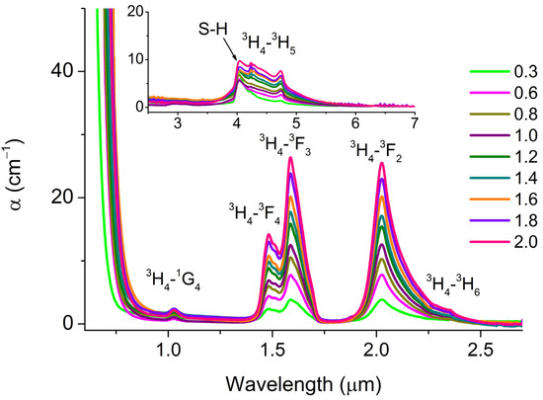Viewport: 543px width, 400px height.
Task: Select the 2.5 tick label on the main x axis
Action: pos(480,351)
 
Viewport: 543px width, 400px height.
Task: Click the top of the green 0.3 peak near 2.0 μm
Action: pos(381,299)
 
